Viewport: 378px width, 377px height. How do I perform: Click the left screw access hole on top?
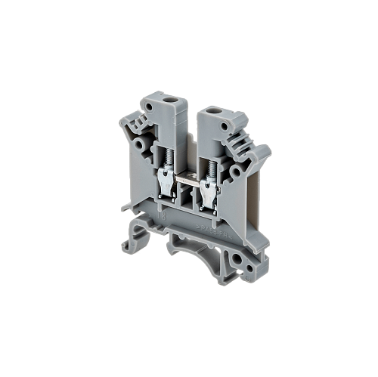click(171, 100)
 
